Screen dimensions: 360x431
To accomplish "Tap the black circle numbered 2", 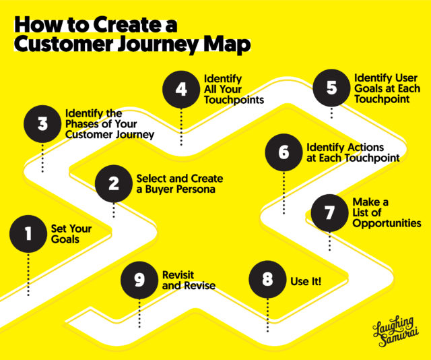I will click(x=114, y=183).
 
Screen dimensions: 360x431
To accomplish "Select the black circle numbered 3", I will click(x=42, y=124).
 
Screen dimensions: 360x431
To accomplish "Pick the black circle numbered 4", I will click(x=181, y=90).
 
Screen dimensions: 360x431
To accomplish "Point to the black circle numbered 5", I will click(x=331, y=89).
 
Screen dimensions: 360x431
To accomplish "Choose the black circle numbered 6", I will click(x=284, y=152).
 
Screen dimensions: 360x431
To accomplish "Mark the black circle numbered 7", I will click(x=329, y=213).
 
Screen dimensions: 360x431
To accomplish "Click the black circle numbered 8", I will click(x=267, y=279).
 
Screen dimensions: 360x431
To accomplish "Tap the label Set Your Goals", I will click(x=71, y=234).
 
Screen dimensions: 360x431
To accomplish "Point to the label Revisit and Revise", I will click(x=189, y=280).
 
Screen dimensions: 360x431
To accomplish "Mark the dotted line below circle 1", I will click(x=29, y=275).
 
